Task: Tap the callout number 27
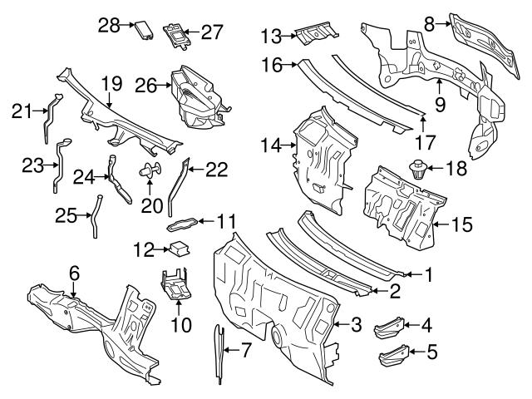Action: tap(212, 32)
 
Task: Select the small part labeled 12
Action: tap(180, 248)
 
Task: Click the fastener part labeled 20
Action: tap(147, 172)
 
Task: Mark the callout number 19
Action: tap(111, 84)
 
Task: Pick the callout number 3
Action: tap(355, 324)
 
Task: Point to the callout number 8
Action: tap(429, 24)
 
